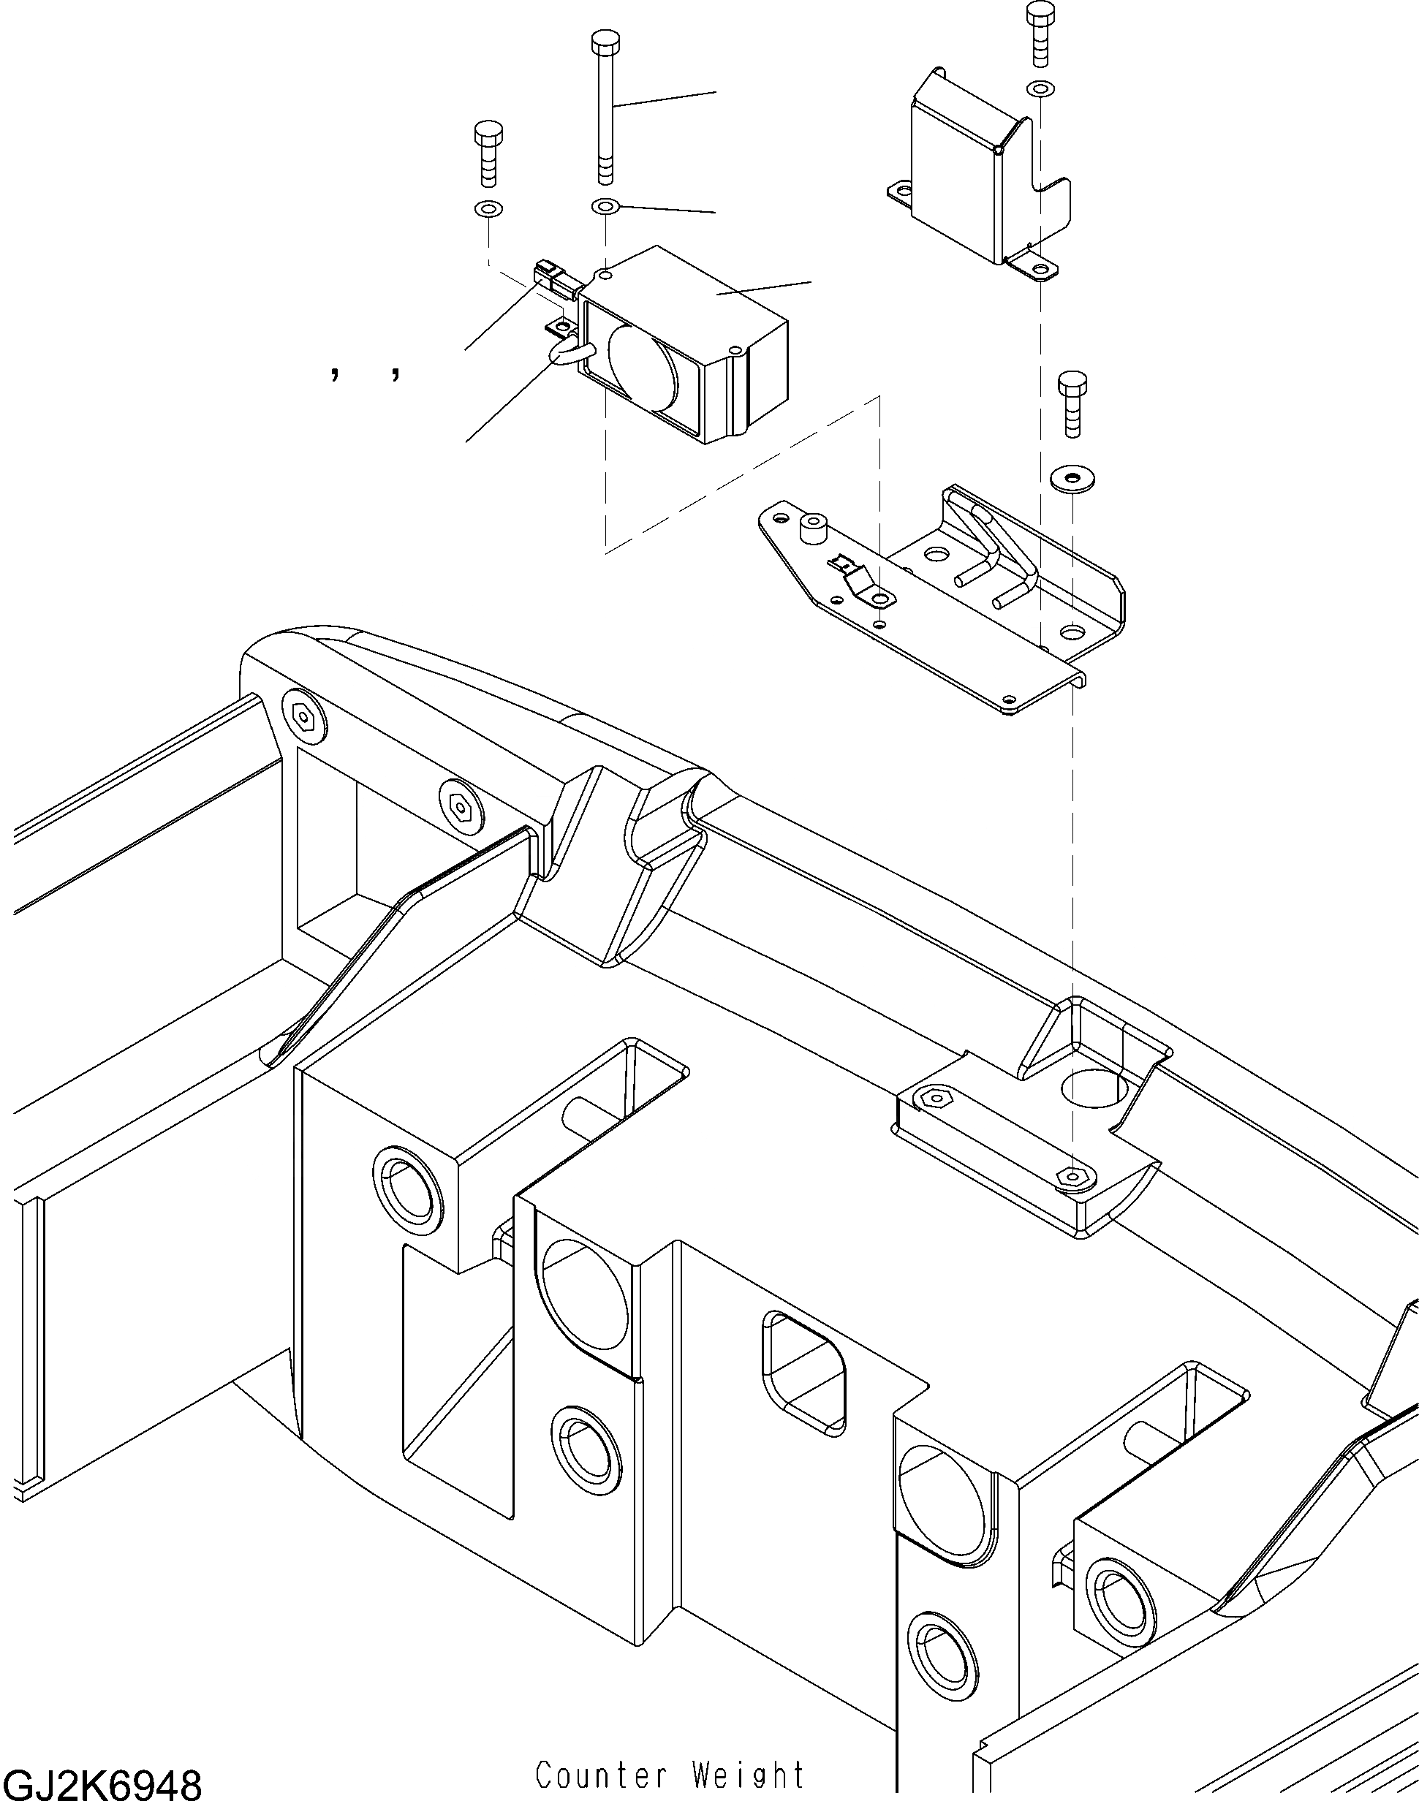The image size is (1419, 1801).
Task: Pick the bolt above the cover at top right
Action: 1040,33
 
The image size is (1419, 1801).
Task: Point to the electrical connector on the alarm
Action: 553,278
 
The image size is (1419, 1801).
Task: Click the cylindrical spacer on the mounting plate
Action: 811,529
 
